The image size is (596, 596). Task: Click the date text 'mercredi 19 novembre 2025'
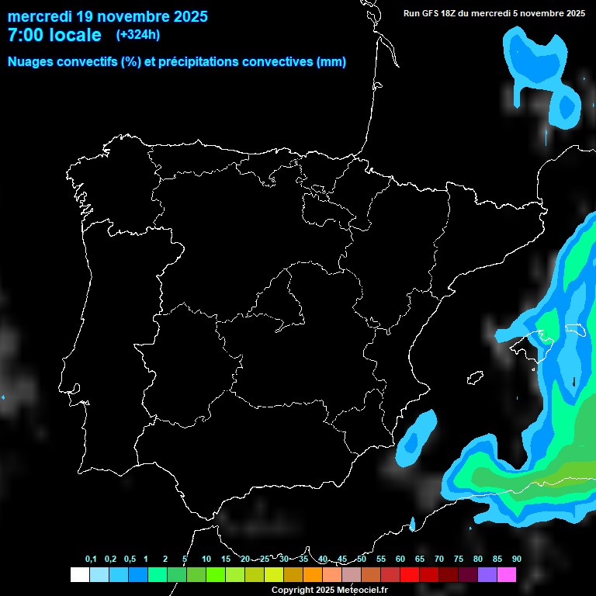(x=107, y=16)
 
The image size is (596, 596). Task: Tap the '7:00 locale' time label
(x=54, y=35)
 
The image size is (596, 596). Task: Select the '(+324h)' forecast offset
(x=138, y=35)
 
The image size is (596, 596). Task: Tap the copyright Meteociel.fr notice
(x=330, y=590)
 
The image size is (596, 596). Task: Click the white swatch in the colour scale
(x=79, y=574)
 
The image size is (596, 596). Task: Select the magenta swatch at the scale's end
(x=507, y=574)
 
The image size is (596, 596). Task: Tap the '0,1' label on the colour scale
(x=91, y=560)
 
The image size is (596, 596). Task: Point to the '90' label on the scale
(x=516, y=560)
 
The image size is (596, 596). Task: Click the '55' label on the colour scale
(x=381, y=560)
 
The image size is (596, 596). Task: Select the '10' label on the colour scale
(x=206, y=560)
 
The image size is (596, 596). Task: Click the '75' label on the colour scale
(x=459, y=560)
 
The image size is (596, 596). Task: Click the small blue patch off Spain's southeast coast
(x=416, y=438)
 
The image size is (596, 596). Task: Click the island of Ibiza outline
(x=475, y=377)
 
